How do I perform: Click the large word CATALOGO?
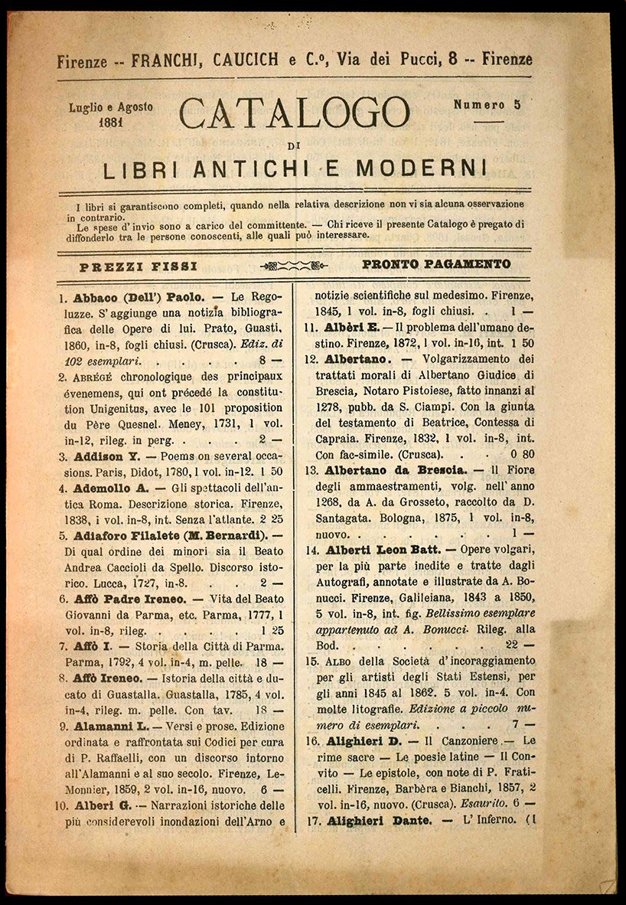pyautogui.click(x=295, y=113)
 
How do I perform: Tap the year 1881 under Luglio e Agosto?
pyautogui.click(x=112, y=121)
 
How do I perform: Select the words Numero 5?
pyautogui.click(x=487, y=105)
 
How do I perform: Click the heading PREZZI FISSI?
pyautogui.click(x=139, y=266)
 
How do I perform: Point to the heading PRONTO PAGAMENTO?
pyautogui.click(x=436, y=265)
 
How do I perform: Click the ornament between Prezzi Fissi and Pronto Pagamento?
pyautogui.click(x=294, y=266)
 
